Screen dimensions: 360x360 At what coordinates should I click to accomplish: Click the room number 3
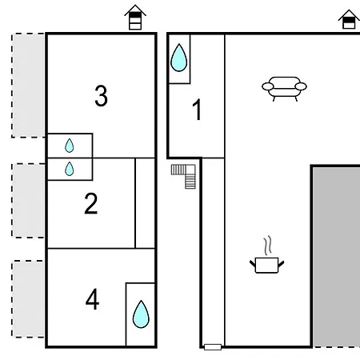click(x=101, y=96)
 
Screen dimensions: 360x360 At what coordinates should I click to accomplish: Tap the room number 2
click(x=91, y=203)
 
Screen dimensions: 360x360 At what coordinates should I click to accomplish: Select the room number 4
click(x=92, y=299)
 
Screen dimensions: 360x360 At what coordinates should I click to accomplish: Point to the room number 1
click(x=197, y=110)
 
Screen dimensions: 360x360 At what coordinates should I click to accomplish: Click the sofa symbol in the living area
click(x=284, y=89)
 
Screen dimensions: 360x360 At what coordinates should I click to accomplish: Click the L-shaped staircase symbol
click(x=184, y=176)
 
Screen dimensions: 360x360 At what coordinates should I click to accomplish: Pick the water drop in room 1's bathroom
click(x=178, y=58)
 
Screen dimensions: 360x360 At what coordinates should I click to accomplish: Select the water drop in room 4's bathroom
click(x=141, y=314)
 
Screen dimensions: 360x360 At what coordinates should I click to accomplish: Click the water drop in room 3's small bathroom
click(x=70, y=146)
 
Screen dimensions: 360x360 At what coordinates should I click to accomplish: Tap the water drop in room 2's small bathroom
click(x=70, y=169)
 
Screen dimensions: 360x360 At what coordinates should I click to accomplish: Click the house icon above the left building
click(x=135, y=17)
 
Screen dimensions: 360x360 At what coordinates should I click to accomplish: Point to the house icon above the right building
click(x=349, y=19)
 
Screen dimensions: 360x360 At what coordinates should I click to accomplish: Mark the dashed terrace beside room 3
click(x=28, y=86)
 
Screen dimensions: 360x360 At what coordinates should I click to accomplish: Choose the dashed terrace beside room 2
click(x=28, y=200)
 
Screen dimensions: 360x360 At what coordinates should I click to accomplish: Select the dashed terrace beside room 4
click(x=28, y=299)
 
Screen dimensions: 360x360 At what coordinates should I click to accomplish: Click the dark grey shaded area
click(x=337, y=257)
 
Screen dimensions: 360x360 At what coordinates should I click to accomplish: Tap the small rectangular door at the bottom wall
click(x=213, y=347)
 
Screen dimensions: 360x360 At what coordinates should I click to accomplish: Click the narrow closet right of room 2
click(x=145, y=203)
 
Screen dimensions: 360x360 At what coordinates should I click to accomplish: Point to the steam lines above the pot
click(x=268, y=245)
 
